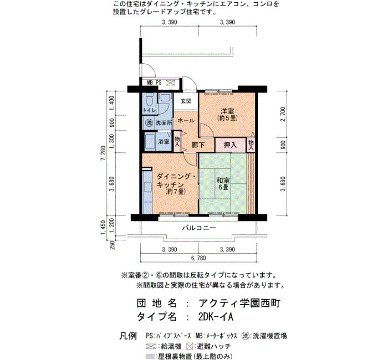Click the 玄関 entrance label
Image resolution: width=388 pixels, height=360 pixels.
pos(186,101)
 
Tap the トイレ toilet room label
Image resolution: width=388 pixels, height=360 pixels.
pos(150,110)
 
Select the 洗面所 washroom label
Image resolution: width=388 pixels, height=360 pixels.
pos(164,122)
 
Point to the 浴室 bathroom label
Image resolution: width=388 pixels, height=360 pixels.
pos(164,142)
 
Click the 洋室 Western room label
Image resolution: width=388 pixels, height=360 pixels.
pos(227,111)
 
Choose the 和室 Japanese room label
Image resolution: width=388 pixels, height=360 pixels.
pos(223,180)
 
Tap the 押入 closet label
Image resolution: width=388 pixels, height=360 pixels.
pos(230,145)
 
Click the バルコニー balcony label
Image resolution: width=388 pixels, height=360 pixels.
pos(199,228)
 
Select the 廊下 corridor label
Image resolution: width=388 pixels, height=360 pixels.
pos(198,145)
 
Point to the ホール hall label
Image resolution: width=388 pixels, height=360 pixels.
pos(186,121)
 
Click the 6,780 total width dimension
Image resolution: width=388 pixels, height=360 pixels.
pos(198,258)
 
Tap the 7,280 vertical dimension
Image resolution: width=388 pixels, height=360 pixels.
pos(103,153)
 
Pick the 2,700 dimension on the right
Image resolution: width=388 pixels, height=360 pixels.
pos(283,114)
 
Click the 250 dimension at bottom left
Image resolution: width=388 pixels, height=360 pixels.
pos(113,245)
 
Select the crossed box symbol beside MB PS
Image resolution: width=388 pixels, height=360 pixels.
pos(170,83)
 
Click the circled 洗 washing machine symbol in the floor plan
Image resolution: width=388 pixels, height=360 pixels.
pos(149,122)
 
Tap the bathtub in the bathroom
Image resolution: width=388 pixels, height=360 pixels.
pos(150,142)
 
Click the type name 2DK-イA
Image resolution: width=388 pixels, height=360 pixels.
pos(216,317)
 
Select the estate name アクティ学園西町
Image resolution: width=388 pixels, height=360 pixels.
pos(239,303)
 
